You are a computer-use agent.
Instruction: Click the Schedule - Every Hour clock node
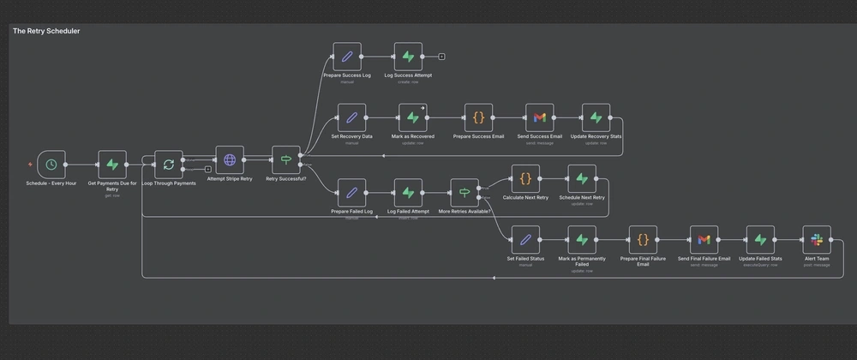point(51,165)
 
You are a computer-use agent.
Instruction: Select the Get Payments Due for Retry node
point(112,165)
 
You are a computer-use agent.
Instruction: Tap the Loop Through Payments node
point(169,165)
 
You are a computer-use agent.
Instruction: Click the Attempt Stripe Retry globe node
point(230,160)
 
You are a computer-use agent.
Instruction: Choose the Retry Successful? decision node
point(285,160)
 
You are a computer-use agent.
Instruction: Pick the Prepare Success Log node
point(347,57)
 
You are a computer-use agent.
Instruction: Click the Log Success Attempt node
point(408,57)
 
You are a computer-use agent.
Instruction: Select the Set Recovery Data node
point(351,117)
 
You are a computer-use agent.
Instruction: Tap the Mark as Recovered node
point(413,117)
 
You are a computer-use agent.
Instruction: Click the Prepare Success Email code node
point(479,117)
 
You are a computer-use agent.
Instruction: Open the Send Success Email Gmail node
point(539,117)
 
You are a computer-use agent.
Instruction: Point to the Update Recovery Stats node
point(596,117)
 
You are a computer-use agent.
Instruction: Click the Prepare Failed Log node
point(351,192)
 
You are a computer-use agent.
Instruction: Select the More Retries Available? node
point(464,192)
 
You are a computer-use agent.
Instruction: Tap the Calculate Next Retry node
point(525,179)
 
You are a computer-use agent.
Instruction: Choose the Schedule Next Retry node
point(582,179)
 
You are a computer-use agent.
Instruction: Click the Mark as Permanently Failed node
point(582,240)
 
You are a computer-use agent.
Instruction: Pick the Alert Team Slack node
point(816,240)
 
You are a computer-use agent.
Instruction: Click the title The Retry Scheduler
point(46,31)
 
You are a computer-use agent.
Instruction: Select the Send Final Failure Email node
point(704,240)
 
